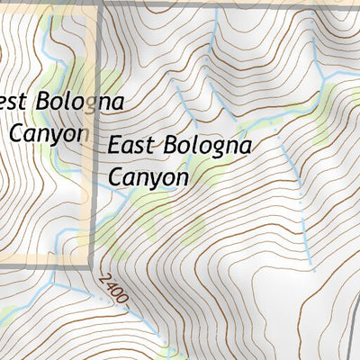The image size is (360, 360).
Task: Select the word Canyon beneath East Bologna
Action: [x=148, y=176]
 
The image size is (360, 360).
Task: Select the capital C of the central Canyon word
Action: [x=116, y=176]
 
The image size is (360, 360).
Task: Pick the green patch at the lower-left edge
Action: [x=7, y=315]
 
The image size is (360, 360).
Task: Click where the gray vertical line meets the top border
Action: [x=99, y=4]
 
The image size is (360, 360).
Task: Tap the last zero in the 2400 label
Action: [x=125, y=300]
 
